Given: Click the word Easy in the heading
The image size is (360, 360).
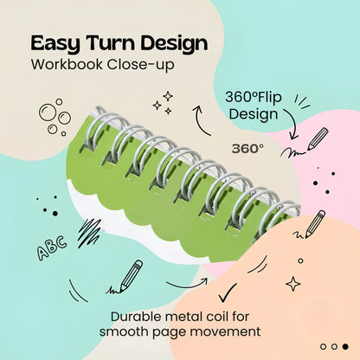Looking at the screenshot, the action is coord(55,44).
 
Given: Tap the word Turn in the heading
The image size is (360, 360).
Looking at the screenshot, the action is coord(110,42).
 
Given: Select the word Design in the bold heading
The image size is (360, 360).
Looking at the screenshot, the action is coord(174,44).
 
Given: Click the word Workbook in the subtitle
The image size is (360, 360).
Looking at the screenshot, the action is coord(67,64).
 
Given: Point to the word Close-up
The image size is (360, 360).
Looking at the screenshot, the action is coord(141,65).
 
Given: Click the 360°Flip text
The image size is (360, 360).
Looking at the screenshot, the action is coord(254,97).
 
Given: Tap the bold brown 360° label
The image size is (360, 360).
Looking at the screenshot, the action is coord(247,149).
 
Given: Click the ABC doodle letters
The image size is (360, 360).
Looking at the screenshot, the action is coord(52,247).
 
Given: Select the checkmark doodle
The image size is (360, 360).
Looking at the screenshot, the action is coord(228,293).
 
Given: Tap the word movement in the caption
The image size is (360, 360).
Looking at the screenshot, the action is coord(226,331).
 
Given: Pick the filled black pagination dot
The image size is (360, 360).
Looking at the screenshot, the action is coord(344,346).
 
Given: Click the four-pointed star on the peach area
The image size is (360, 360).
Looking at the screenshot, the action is coord(293,284).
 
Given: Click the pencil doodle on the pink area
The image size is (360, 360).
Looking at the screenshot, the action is coord(318,138).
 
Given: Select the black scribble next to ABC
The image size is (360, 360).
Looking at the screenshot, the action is coord(90,232).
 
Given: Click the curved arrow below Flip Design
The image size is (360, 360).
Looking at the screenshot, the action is coord(293,121).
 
